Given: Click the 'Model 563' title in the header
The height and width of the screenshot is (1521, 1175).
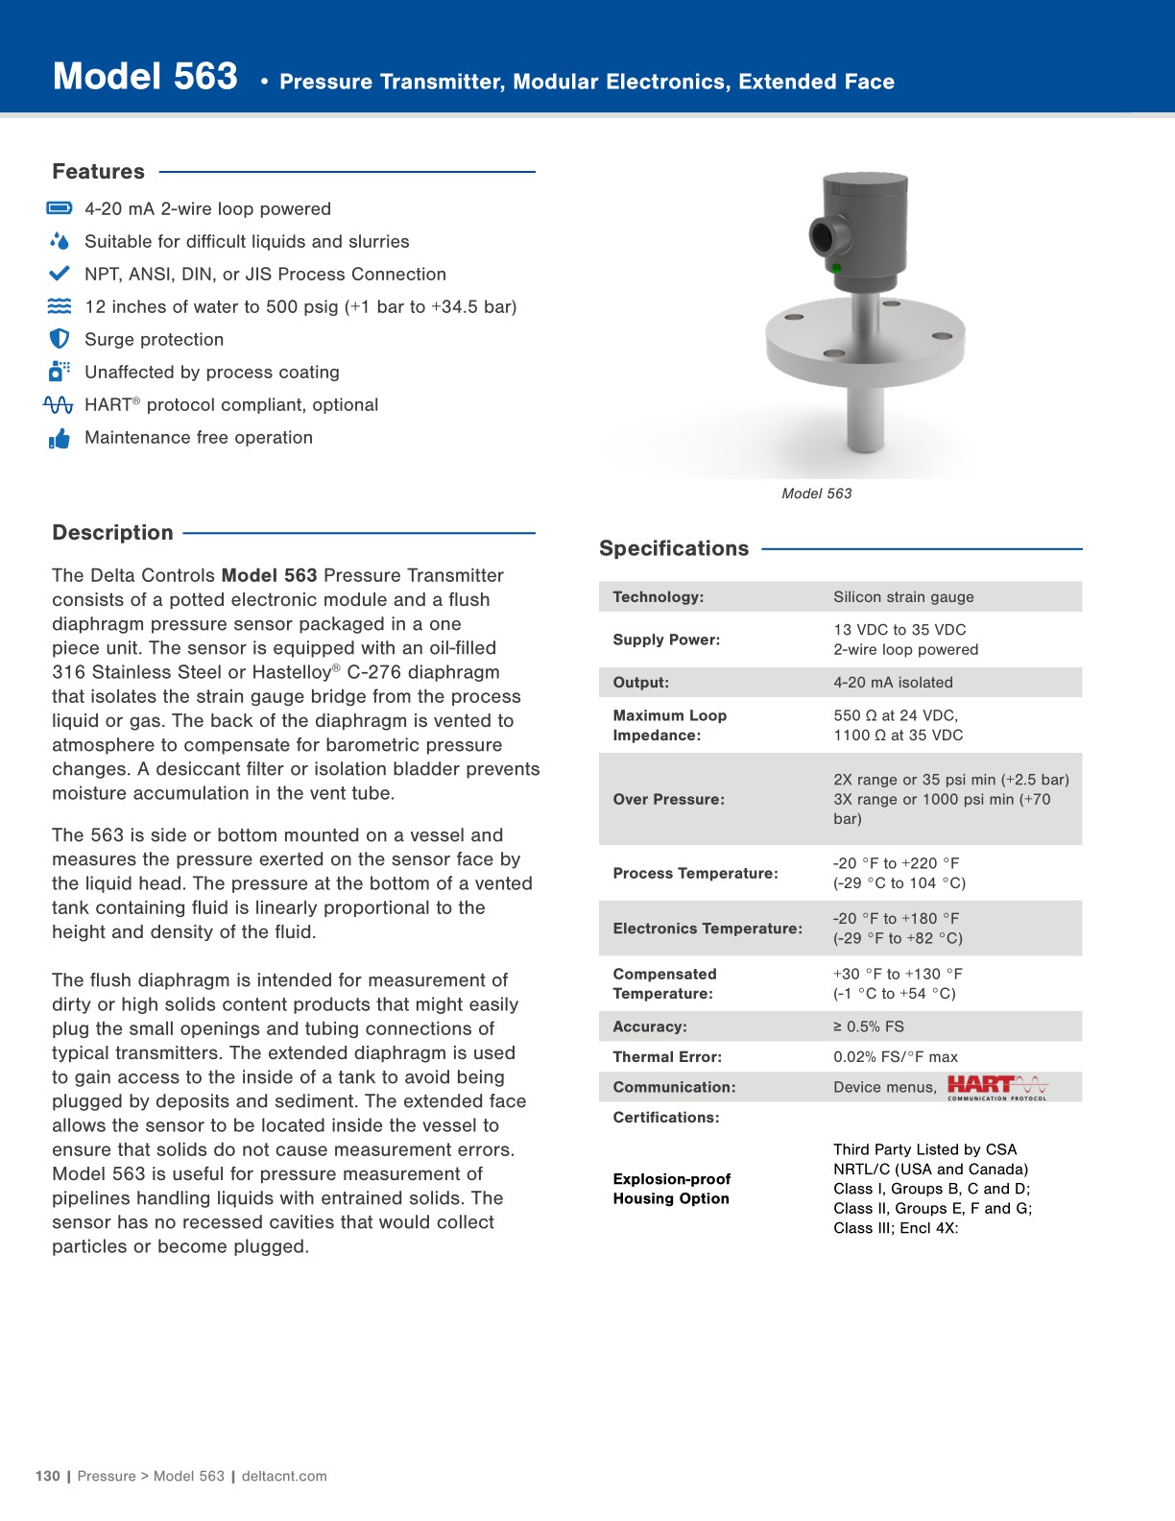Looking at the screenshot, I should click(x=145, y=77).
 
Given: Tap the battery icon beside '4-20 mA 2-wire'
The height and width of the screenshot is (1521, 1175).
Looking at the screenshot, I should click(x=60, y=208).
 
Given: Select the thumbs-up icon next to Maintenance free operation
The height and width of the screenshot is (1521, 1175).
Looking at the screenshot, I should click(x=60, y=439).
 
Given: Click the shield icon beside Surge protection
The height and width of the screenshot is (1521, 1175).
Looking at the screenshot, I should click(x=60, y=339).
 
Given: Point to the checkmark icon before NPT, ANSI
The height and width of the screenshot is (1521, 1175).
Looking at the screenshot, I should click(x=60, y=274).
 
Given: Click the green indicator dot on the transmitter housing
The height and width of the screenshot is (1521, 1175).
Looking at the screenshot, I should click(x=836, y=268).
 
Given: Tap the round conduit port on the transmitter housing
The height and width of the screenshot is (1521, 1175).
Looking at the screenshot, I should click(x=825, y=235).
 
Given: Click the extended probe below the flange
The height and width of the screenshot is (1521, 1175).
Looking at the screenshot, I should click(x=866, y=418).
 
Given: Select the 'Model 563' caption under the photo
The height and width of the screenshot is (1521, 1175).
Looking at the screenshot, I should click(x=816, y=494).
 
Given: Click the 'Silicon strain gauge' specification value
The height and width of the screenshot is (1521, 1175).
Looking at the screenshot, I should click(x=903, y=597).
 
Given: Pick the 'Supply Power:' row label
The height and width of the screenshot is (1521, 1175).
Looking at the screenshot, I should click(x=666, y=640).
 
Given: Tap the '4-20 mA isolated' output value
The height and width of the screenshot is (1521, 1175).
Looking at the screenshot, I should click(x=893, y=683).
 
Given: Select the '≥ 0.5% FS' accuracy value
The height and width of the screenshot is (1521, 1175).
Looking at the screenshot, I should click(x=868, y=1026).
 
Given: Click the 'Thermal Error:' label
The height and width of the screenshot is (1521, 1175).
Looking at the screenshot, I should click(x=667, y=1057).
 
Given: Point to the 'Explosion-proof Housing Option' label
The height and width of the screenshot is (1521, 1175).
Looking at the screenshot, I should click(x=672, y=1189).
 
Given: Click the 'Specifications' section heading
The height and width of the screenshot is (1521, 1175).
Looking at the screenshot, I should click(x=674, y=548).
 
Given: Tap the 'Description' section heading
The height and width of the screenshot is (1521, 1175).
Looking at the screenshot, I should click(x=112, y=533).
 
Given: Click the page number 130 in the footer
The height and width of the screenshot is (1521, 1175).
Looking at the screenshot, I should click(x=47, y=1476).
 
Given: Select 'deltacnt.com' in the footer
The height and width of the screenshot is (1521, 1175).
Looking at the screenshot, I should click(x=284, y=1476).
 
